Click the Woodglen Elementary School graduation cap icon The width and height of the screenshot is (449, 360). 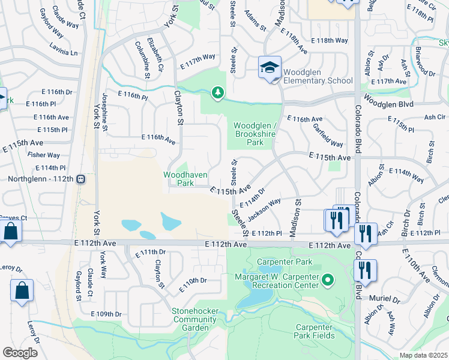point(270,67)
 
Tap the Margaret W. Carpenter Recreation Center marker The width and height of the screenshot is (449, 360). point(328,280)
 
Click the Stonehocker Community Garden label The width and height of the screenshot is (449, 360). point(194,319)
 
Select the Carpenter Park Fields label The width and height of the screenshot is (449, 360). point(318,332)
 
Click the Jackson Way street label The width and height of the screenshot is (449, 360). point(265,208)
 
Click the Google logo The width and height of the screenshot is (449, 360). point(20,353)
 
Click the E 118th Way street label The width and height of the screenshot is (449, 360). point(330,41)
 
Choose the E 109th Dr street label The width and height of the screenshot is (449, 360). point(106,314)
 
